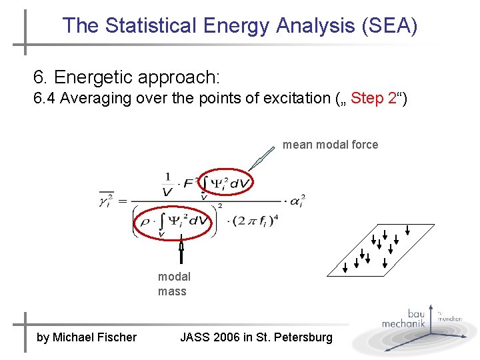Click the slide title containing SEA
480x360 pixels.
tap(240, 26)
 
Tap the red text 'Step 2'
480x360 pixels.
tap(374, 99)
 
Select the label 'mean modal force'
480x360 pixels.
tap(330, 145)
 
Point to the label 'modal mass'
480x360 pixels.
tap(173, 284)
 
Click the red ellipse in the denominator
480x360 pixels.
tap(175, 222)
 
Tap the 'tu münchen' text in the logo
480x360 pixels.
tap(449, 316)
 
